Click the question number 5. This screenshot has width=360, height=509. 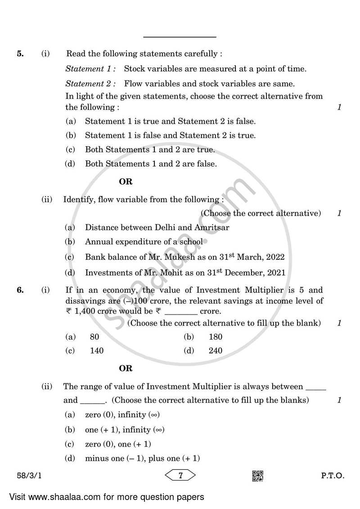click(20, 54)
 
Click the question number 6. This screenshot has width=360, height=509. click(20, 290)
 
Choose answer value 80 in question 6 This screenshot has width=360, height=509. click(94, 337)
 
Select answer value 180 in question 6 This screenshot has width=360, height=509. click(216, 337)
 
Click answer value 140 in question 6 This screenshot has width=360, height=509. click(97, 351)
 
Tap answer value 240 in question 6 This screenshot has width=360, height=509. click(216, 351)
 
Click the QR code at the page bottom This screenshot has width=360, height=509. click(257, 476)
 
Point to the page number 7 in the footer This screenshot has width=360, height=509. click(180, 476)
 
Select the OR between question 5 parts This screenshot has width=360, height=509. click(126, 182)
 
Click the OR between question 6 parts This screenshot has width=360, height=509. click(126, 369)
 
